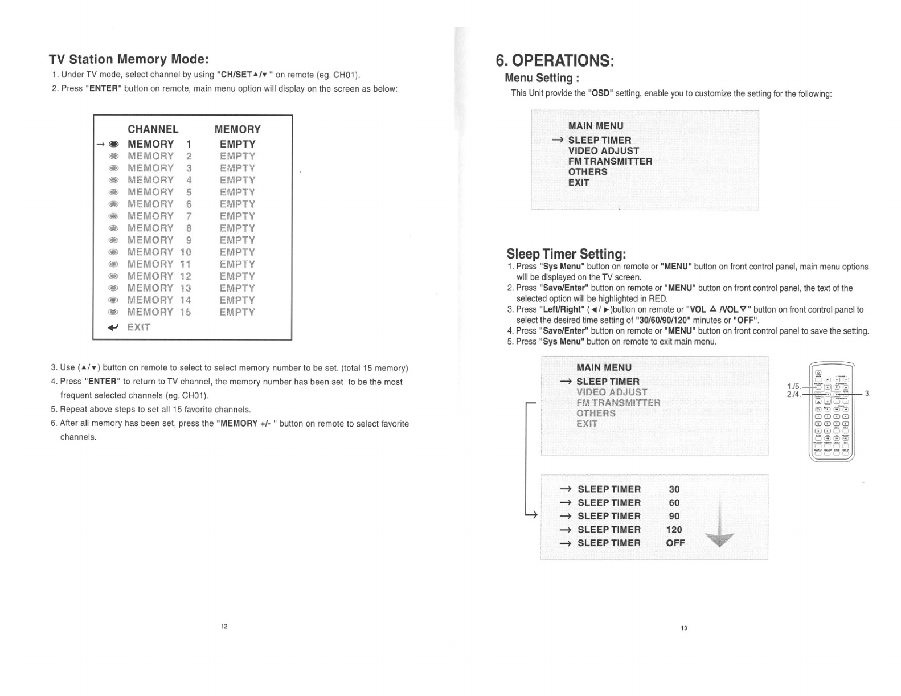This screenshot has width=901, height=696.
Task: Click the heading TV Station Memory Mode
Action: click(x=129, y=59)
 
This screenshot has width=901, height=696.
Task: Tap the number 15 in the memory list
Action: click(x=185, y=312)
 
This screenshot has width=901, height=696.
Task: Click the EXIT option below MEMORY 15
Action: click(x=138, y=327)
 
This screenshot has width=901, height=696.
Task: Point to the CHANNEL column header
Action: click(x=153, y=129)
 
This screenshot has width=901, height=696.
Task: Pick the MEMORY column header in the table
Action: click(x=237, y=129)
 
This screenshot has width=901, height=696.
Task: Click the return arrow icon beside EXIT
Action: click(x=113, y=327)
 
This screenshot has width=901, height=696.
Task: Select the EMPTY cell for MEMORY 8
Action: click(x=237, y=228)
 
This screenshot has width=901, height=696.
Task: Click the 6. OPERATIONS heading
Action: click(x=554, y=60)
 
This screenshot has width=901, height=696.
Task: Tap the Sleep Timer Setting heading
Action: click(x=566, y=253)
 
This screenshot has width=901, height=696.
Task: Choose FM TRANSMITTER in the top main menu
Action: click(x=610, y=161)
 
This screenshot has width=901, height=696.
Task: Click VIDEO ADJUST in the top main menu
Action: click(x=603, y=150)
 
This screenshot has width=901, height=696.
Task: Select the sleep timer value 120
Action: click(x=674, y=530)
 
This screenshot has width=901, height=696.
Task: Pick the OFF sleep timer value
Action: click(x=675, y=543)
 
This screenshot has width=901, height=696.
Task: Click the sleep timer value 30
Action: click(x=674, y=489)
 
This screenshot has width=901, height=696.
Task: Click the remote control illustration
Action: click(x=832, y=411)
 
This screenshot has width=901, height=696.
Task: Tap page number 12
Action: click(x=224, y=627)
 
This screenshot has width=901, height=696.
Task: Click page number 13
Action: click(x=684, y=628)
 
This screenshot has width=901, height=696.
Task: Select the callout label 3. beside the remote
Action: click(x=867, y=393)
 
